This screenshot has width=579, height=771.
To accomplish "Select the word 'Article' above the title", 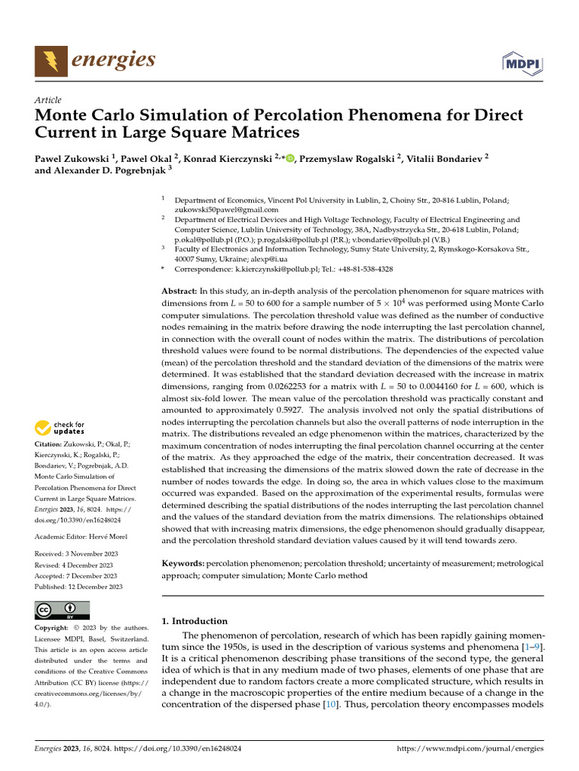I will pyautogui.click(x=47, y=100).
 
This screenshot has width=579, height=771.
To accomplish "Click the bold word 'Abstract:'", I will pyautogui.click(x=179, y=291).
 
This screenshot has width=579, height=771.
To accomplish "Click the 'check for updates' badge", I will pyautogui.click(x=60, y=429).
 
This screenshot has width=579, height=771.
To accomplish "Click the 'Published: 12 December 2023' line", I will pyautogui.click(x=78, y=587).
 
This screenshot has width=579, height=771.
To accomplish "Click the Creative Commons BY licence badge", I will pyautogui.click(x=62, y=610).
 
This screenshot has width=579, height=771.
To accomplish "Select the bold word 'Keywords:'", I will pyautogui.click(x=183, y=563).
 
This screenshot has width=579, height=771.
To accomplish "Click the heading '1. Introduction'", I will pyautogui.click(x=195, y=621).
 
